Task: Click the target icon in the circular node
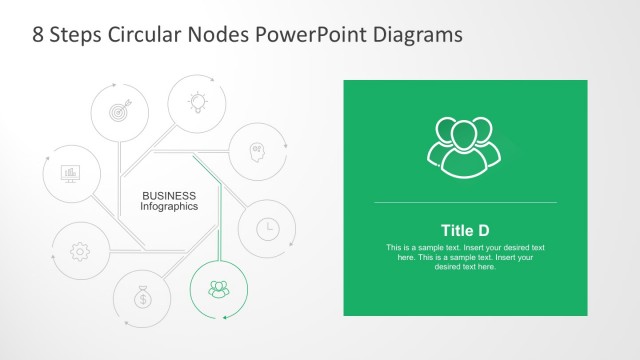(119, 111)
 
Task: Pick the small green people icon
(218, 289)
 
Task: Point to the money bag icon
(144, 297)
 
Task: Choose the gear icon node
(80, 251)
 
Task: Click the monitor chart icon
(71, 174)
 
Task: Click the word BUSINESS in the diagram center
(169, 195)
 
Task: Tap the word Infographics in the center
(169, 207)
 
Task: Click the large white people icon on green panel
(464, 147)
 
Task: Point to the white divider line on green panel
(465, 203)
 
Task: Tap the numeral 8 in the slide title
(39, 34)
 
